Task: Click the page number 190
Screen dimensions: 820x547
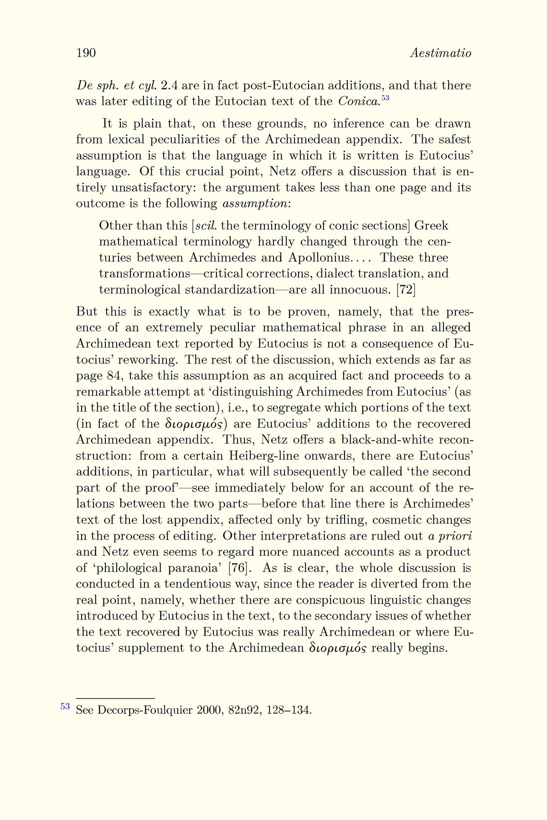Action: [x=86, y=53]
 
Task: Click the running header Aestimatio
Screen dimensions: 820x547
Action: [x=440, y=53]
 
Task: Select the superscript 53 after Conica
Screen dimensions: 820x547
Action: [x=385, y=98]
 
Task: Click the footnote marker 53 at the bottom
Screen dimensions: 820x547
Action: [x=65, y=707]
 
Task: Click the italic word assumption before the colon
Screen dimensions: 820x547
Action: [x=254, y=204]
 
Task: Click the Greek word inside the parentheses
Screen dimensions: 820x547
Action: [x=195, y=425]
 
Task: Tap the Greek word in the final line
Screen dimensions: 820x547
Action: [x=337, y=648]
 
